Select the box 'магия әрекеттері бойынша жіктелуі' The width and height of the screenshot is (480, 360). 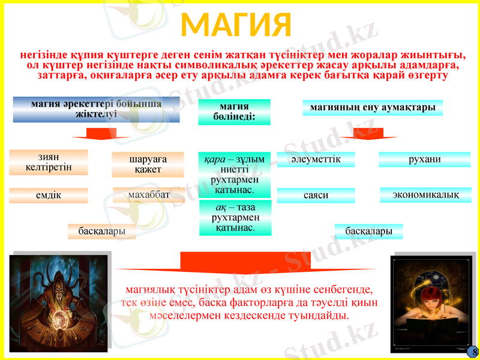point(96,110)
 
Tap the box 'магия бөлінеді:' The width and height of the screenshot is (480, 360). point(234,112)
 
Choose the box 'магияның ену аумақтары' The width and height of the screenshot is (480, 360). point(373,108)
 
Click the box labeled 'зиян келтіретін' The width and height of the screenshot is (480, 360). point(49,162)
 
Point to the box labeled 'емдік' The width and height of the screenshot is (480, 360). point(49,196)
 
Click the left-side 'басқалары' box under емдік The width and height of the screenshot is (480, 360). point(101,231)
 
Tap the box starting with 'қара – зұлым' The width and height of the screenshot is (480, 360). point(235,175)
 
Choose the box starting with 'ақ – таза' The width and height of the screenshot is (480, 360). point(235,217)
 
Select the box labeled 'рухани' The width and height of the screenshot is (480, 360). point(424,160)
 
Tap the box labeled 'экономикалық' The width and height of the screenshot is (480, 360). point(425,195)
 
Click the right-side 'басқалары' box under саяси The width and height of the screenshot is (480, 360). point(368,232)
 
